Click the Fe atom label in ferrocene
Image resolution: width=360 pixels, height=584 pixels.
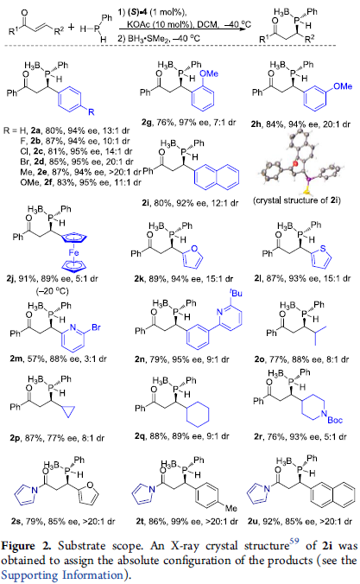[73, 252]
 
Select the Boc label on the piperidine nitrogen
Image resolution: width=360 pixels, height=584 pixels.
[335, 420]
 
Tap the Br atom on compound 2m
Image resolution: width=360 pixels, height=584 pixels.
[96, 327]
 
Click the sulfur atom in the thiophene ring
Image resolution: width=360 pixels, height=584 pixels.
[322, 249]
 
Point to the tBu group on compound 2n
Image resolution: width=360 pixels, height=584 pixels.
[236, 293]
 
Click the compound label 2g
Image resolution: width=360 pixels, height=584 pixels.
[146, 122]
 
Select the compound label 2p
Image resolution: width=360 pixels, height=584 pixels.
[15, 438]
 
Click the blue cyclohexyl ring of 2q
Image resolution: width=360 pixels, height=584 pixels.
[198, 413]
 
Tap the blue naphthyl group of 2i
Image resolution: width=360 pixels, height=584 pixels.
[217, 175]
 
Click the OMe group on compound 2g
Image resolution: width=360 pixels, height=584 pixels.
[209, 73]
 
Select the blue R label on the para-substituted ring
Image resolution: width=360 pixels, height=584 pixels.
[92, 111]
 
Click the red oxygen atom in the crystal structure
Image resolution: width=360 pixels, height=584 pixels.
[295, 163]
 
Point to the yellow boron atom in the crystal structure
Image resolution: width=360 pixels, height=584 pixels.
[305, 192]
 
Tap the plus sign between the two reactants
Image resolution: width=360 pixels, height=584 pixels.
[72, 27]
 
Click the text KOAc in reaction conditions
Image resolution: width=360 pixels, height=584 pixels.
[137, 24]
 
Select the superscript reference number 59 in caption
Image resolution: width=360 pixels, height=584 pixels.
[294, 541]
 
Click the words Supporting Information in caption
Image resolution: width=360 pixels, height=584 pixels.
[62, 575]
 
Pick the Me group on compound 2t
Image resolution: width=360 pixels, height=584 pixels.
[231, 508]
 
